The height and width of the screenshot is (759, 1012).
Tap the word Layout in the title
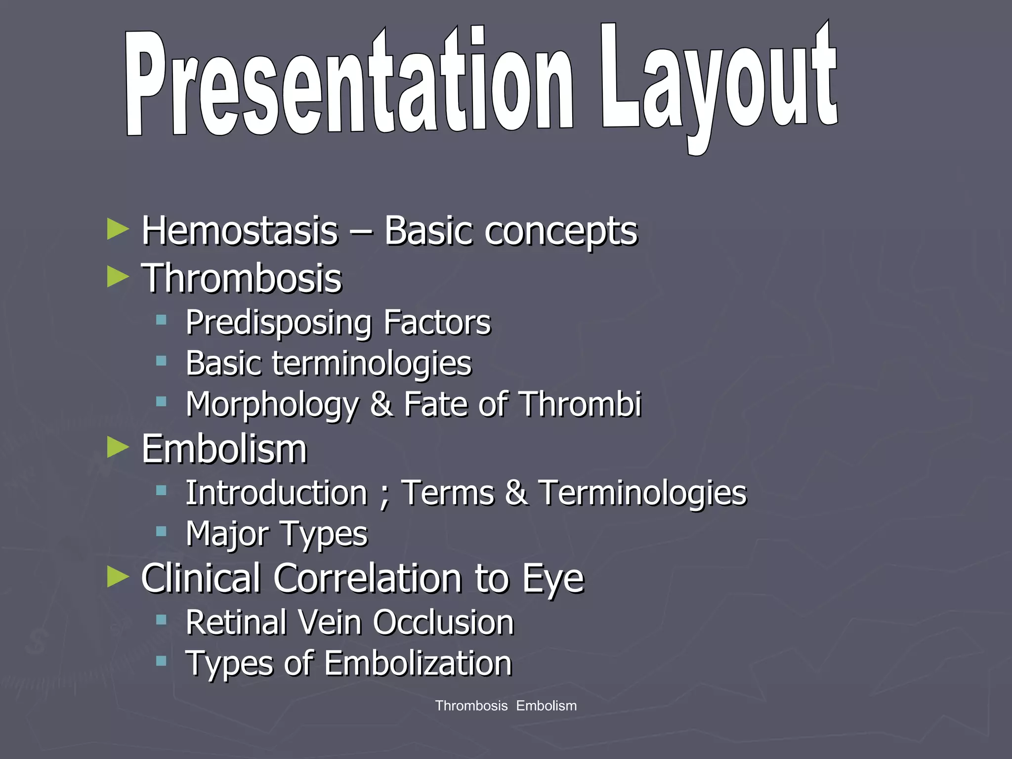(x=719, y=84)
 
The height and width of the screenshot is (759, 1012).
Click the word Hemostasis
(x=240, y=231)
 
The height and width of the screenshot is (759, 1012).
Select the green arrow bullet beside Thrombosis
(x=118, y=277)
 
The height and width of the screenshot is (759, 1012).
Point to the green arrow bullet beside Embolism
(x=118, y=448)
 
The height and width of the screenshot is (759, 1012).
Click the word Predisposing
(x=278, y=323)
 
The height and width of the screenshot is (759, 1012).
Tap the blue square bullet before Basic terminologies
(x=161, y=361)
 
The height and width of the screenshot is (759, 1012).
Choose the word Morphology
(x=272, y=405)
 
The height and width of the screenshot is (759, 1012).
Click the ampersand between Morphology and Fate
(x=381, y=405)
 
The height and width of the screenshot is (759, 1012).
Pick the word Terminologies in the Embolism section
(x=642, y=493)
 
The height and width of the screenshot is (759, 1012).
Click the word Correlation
(x=368, y=578)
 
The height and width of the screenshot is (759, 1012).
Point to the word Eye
(x=553, y=579)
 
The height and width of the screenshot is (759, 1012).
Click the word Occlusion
(x=443, y=622)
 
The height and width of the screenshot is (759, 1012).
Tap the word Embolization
(x=418, y=663)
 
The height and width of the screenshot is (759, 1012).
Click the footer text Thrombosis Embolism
(x=506, y=706)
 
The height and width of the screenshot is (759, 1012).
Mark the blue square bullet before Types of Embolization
(x=161, y=661)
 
